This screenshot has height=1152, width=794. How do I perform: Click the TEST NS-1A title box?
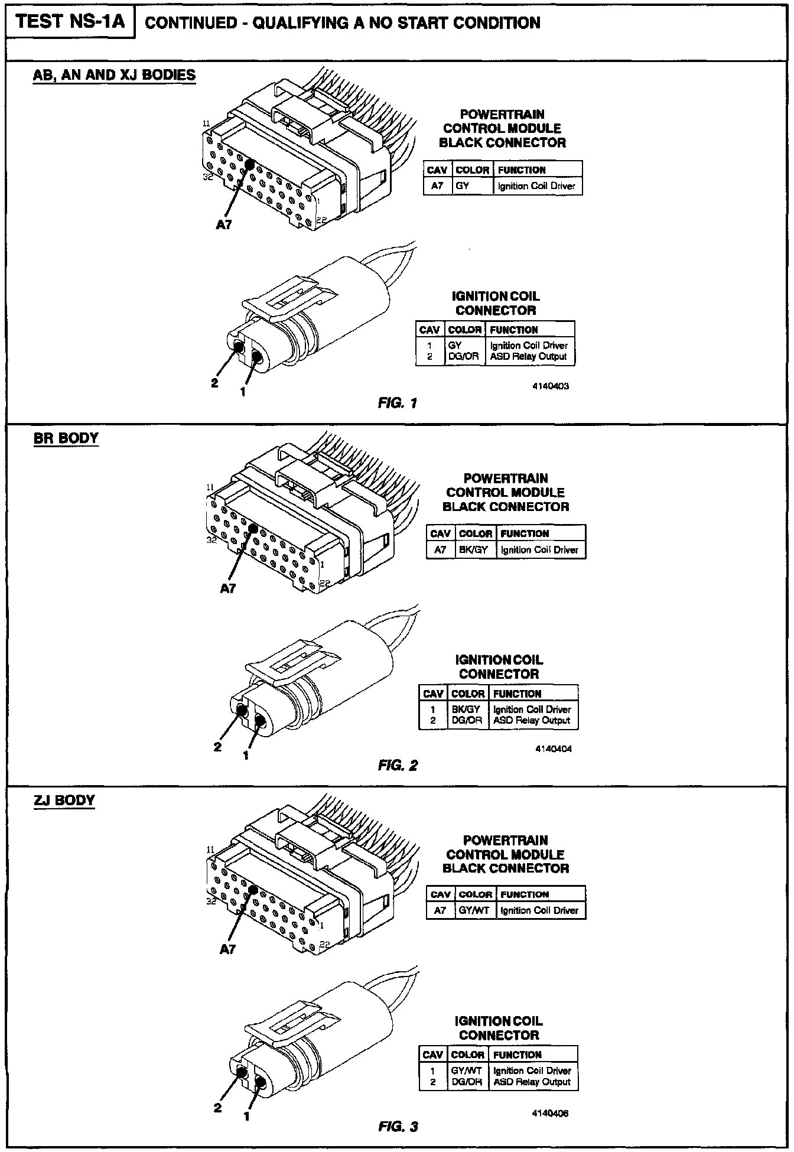[70, 22]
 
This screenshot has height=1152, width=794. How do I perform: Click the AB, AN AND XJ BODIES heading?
[114, 75]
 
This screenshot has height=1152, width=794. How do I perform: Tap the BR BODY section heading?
[66, 438]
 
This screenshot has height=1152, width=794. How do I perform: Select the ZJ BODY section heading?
[64, 800]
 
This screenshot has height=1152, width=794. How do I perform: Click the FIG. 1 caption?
[398, 403]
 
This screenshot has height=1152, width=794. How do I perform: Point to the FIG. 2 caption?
[398, 766]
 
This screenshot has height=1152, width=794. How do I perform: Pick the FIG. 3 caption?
[398, 1127]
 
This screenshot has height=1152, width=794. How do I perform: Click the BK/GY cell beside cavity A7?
[473, 550]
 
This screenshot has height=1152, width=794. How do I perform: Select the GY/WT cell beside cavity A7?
[474, 910]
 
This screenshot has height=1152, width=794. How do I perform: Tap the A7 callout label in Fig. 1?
[224, 224]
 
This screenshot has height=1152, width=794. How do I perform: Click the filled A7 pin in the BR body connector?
[253, 529]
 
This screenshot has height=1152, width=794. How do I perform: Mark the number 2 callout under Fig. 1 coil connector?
[214, 383]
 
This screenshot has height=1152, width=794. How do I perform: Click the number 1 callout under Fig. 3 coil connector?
[246, 1116]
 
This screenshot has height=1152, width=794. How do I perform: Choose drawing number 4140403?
[551, 386]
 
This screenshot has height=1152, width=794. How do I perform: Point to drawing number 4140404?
[554, 749]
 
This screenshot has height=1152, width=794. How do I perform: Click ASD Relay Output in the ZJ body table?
[532, 1082]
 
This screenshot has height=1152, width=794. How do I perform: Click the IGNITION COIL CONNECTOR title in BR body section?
[499, 667]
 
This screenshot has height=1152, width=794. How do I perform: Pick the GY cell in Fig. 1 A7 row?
[463, 186]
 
